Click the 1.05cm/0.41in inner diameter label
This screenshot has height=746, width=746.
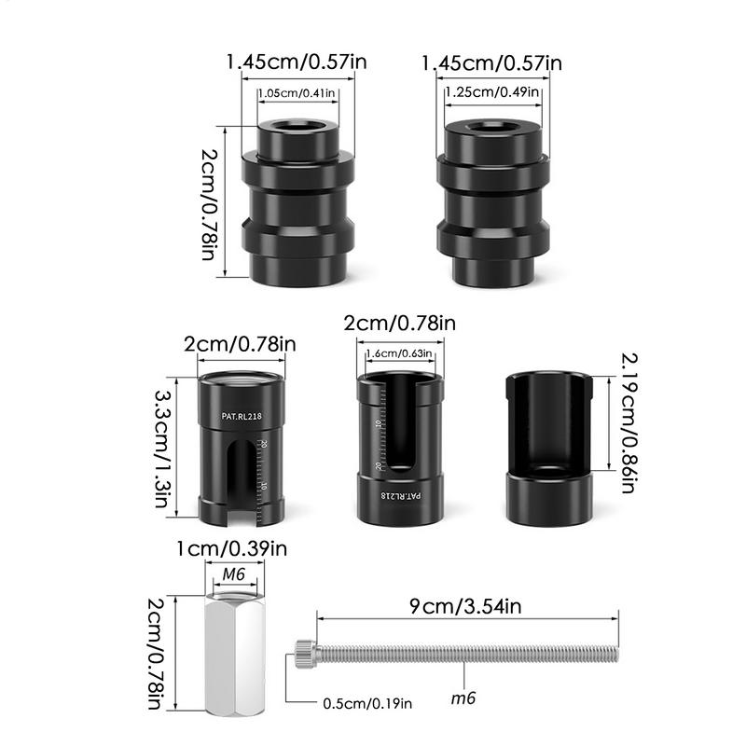pos(297,93)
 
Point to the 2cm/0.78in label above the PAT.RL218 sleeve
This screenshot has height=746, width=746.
pos(239,345)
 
